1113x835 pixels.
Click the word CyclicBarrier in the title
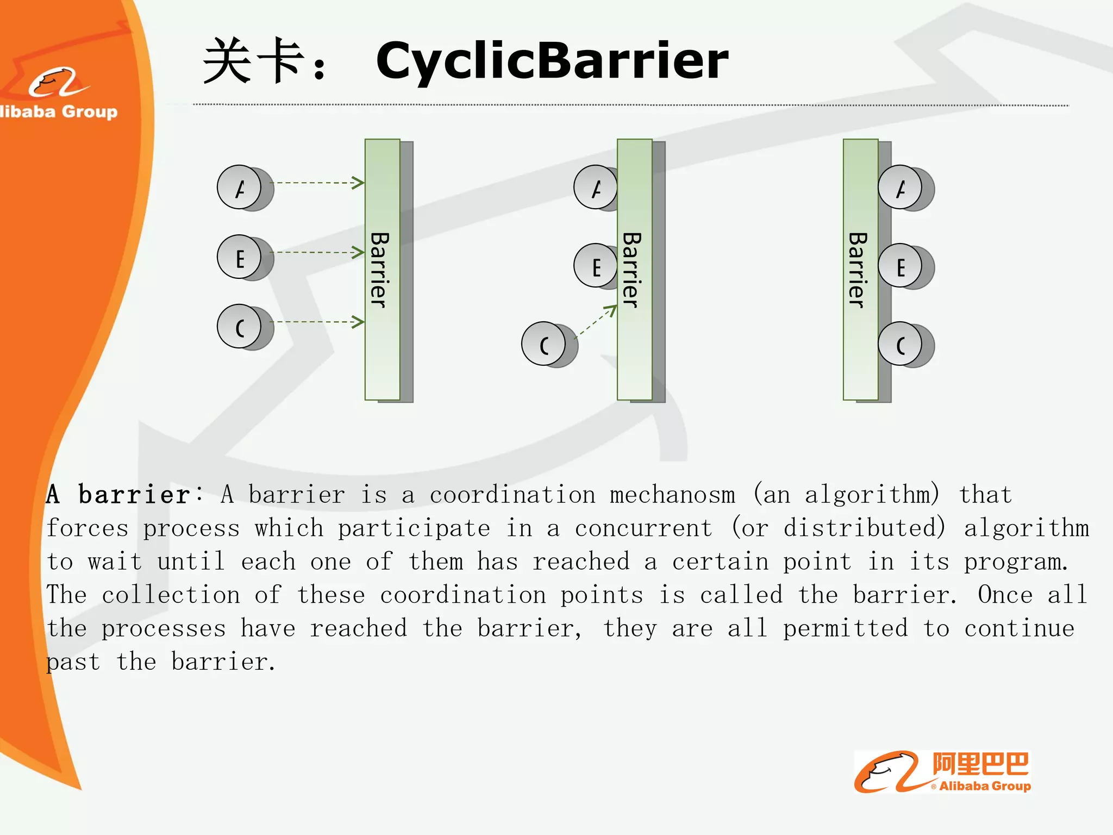(552, 61)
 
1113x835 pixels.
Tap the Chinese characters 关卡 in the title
(253, 61)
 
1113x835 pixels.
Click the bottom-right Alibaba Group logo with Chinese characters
(942, 772)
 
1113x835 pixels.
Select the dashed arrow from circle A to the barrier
(317, 183)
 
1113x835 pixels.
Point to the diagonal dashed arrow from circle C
(596, 322)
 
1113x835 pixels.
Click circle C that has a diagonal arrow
(543, 344)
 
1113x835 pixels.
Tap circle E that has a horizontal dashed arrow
(239, 257)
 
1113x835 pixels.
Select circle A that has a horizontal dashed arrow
(239, 187)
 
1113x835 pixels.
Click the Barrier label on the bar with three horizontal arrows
(380, 270)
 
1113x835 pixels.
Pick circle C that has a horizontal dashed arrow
(239, 326)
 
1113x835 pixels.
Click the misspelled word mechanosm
(672, 495)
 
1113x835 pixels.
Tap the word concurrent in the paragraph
(643, 528)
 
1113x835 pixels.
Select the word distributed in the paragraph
(864, 528)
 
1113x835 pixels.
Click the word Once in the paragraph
(1005, 595)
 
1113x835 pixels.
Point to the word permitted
(845, 628)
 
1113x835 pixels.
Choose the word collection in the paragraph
(171, 595)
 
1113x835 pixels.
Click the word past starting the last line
(73, 662)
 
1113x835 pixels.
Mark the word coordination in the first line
(512, 495)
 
